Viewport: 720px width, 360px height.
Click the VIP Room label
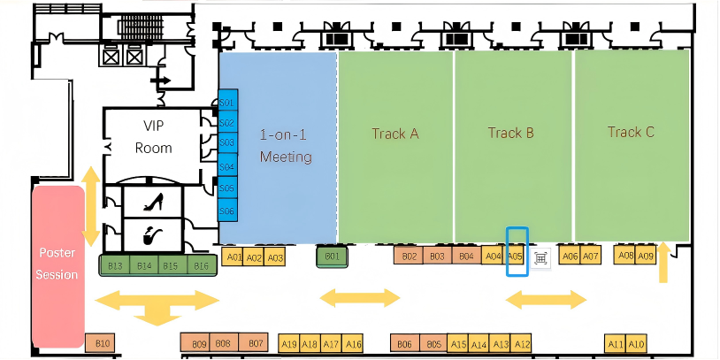(x=153, y=137)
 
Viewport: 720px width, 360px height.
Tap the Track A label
(x=394, y=134)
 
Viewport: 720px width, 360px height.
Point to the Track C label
(x=631, y=133)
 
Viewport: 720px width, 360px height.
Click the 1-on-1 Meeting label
(x=285, y=146)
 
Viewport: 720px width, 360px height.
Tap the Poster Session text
(x=57, y=264)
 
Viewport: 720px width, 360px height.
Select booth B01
(x=333, y=257)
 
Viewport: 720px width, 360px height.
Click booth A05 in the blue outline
(x=517, y=257)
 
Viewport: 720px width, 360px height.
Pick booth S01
(x=226, y=103)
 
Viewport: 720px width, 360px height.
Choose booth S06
(x=226, y=211)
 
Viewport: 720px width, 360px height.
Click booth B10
(x=103, y=343)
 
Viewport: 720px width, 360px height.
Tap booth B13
(x=115, y=265)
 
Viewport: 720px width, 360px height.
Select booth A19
(x=288, y=344)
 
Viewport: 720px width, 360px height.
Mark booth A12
(x=522, y=344)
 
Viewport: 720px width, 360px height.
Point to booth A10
(x=637, y=344)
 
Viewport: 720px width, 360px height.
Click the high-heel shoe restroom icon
(x=153, y=202)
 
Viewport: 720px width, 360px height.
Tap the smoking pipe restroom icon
(x=153, y=236)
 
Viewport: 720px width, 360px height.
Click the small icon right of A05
(x=540, y=257)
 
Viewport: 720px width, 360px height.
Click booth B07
(x=255, y=343)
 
